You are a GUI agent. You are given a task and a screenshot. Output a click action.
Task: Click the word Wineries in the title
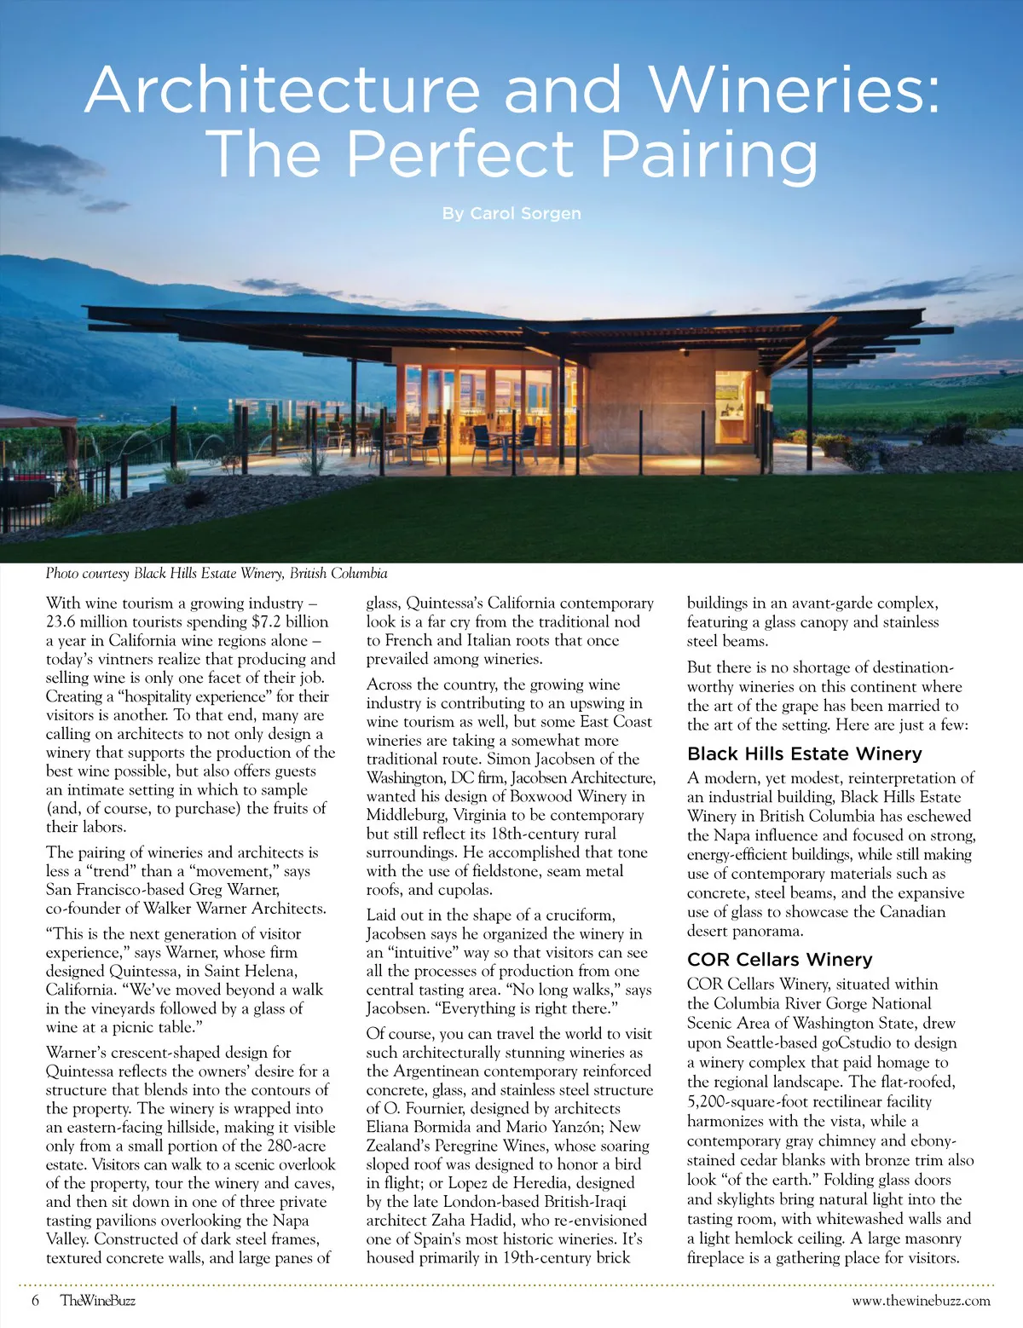coord(795,89)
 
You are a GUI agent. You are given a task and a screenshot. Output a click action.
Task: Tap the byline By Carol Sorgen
coord(511,213)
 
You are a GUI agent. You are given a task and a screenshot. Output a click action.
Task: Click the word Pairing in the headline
coord(709,154)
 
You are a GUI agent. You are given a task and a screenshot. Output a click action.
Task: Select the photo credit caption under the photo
coord(217,574)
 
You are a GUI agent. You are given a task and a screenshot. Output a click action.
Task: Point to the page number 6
coord(35,1301)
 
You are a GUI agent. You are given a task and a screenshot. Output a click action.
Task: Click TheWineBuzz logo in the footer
coord(98,1301)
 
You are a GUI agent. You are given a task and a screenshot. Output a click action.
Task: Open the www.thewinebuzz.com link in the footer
coord(921,1301)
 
